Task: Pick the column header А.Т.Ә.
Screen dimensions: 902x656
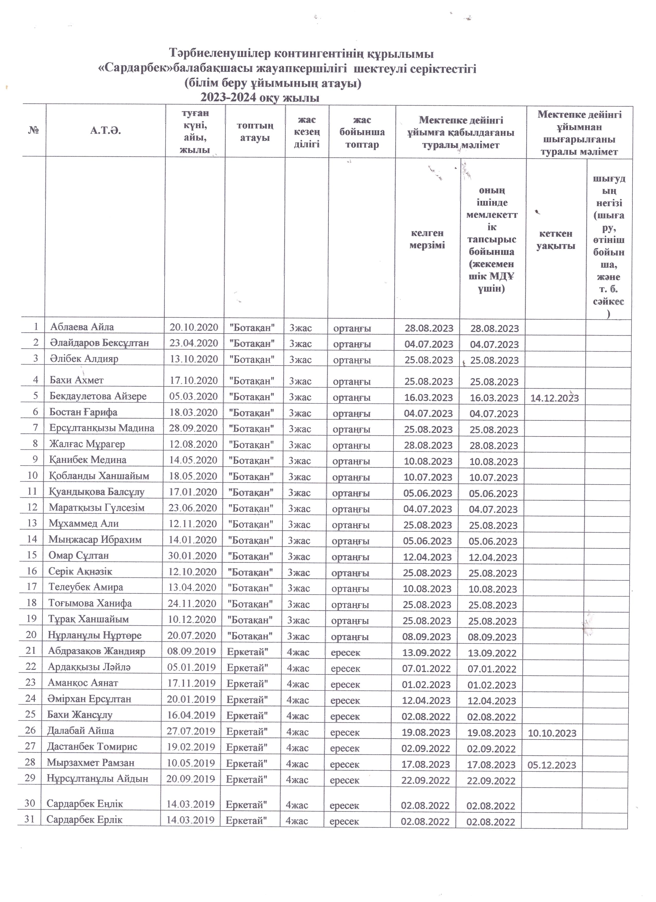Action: pyautogui.click(x=105, y=131)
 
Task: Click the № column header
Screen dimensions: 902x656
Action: pyautogui.click(x=34, y=131)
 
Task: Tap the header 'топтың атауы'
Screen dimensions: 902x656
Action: pyautogui.click(x=255, y=132)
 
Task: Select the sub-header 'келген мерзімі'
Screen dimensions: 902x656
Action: pyautogui.click(x=427, y=239)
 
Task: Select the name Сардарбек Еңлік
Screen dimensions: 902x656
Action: pyautogui.click(x=85, y=804)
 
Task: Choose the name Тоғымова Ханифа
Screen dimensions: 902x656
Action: pyautogui.click(x=90, y=603)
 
